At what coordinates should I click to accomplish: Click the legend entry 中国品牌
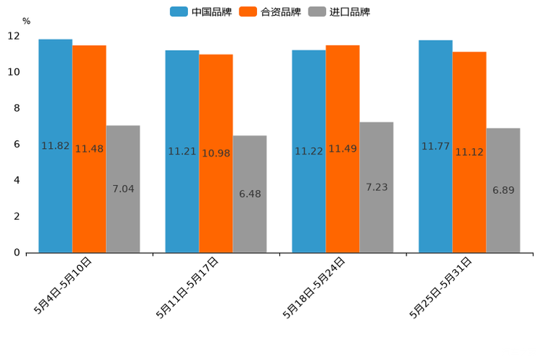[201, 12]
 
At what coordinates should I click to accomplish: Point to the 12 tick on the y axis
[14, 36]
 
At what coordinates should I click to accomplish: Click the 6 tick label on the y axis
[17, 144]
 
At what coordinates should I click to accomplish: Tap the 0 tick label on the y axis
[17, 253]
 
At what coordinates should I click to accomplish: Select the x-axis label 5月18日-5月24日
[316, 287]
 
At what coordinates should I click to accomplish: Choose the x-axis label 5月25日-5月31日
[443, 287]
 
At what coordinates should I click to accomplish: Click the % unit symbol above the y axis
[26, 21]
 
